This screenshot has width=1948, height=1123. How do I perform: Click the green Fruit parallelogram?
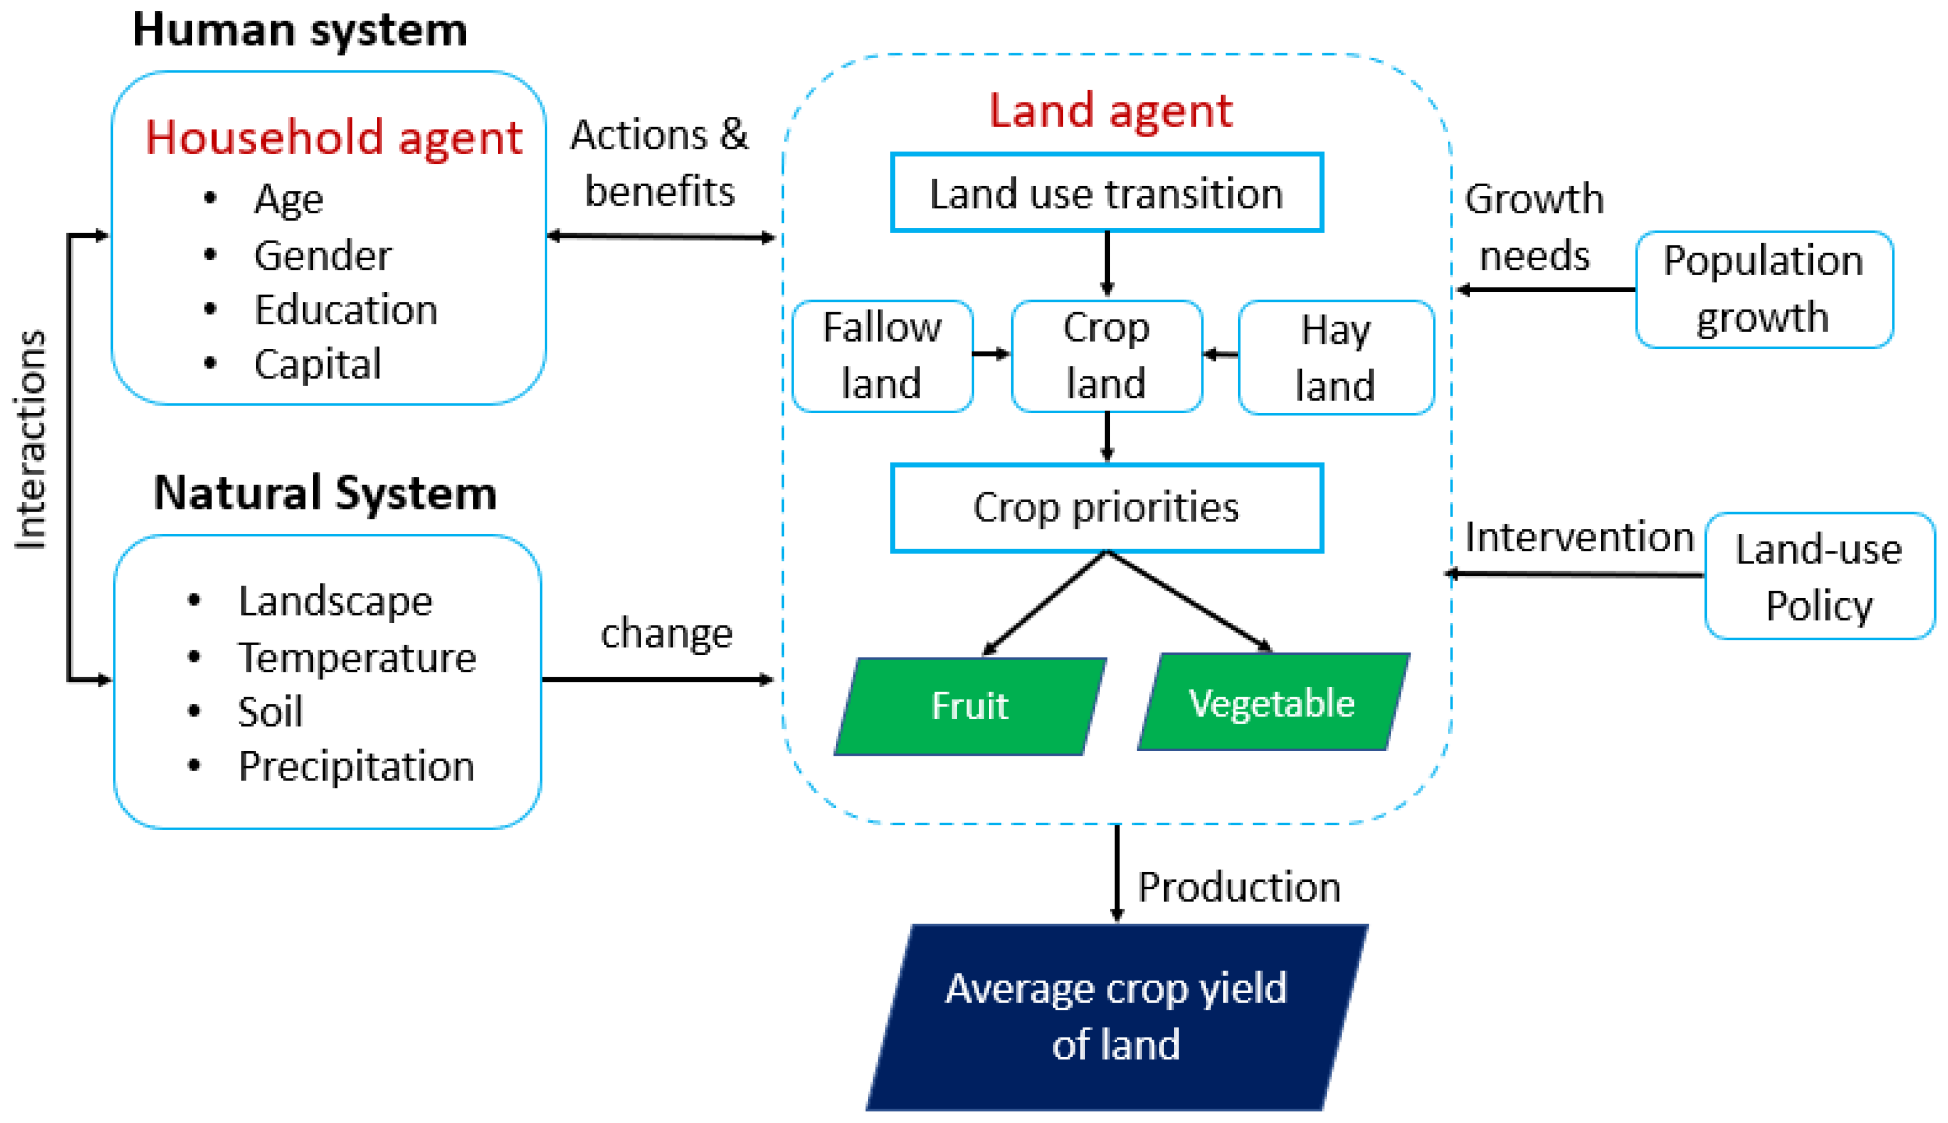[970, 706]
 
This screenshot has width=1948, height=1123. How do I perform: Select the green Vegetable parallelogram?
[1273, 702]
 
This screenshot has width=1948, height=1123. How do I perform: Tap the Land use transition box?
[1107, 193]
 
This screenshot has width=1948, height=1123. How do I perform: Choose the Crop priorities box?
[1107, 508]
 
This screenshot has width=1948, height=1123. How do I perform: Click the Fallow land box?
[882, 356]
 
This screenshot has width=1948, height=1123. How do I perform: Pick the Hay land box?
[1336, 357]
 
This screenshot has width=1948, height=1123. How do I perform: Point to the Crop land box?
[1107, 356]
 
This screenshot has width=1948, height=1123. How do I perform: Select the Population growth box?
[1763, 289]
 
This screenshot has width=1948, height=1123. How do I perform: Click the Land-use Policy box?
[1819, 576]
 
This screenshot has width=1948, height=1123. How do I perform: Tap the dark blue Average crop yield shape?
[1116, 1016]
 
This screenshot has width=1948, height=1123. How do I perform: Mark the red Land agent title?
[1110, 110]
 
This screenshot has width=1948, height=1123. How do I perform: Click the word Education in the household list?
[346, 310]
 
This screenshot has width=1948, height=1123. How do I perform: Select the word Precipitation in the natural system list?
[356, 766]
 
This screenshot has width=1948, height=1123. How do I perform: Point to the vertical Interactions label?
[31, 439]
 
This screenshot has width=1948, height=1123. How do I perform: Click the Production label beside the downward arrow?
[1239, 887]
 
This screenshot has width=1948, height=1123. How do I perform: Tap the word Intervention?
[1578, 537]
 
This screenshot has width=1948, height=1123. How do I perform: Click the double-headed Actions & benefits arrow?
[660, 237]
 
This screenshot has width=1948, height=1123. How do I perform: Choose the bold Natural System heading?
[325, 492]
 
